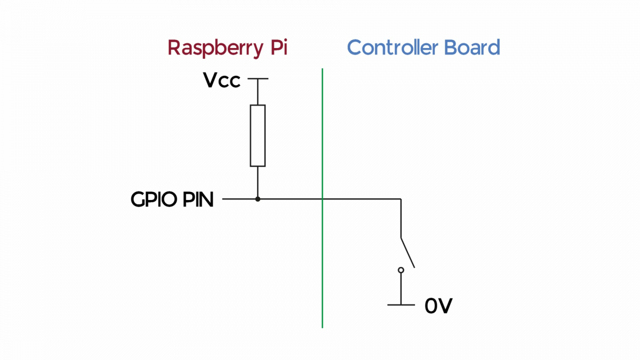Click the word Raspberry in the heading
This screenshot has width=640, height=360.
(214, 48)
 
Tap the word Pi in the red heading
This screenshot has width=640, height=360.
(277, 47)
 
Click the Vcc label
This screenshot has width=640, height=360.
(222, 81)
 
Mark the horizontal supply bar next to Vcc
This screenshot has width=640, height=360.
(258, 79)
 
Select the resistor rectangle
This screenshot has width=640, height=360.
(258, 135)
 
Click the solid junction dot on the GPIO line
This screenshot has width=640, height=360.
(258, 199)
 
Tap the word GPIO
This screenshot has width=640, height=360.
(155, 200)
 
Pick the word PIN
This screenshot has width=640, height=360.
(198, 200)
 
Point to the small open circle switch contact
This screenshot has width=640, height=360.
(401, 270)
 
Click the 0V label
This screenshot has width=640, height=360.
(438, 306)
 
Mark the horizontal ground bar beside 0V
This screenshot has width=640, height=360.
(401, 305)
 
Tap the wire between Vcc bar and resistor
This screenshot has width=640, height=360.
(258, 92)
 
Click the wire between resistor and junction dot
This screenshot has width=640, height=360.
(258, 182)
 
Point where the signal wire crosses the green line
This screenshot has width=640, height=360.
(323, 199)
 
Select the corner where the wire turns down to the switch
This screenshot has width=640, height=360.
(401, 199)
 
